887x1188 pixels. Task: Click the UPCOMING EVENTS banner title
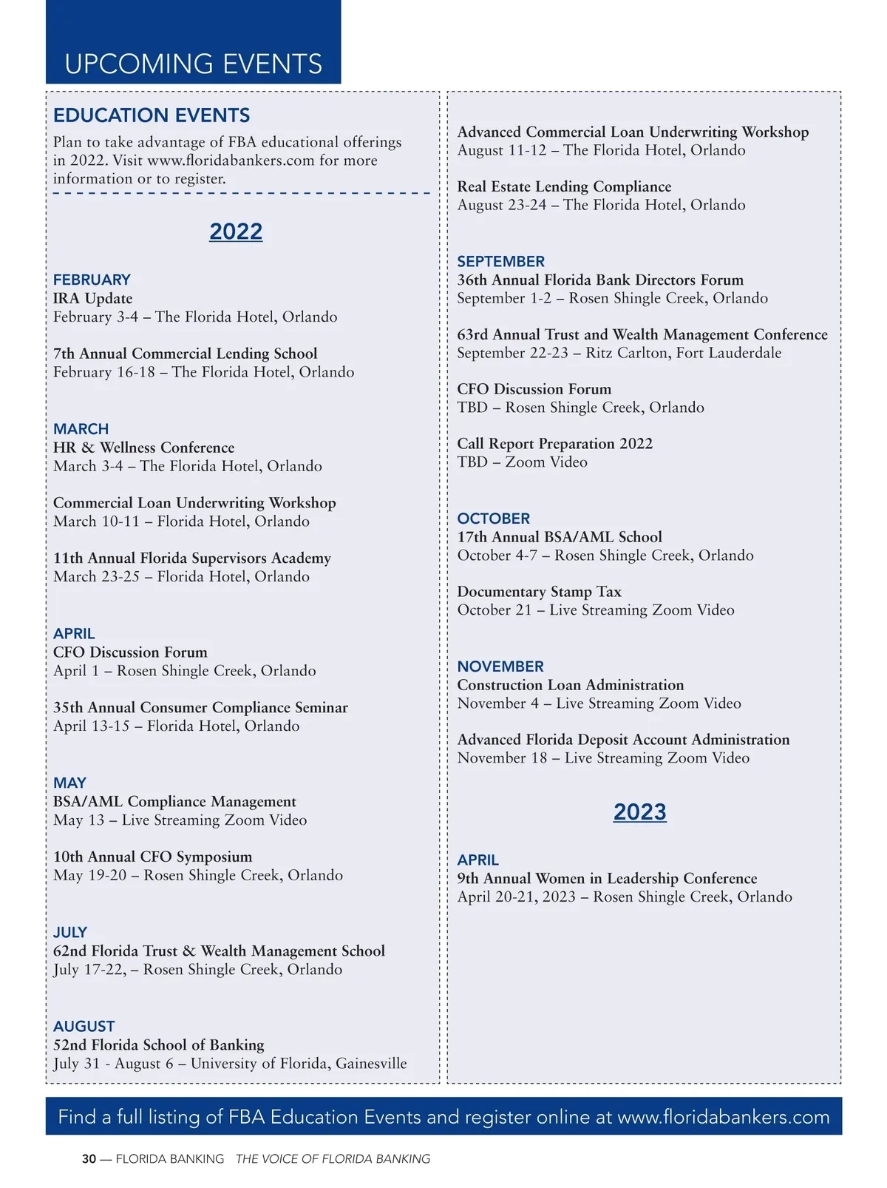click(x=194, y=64)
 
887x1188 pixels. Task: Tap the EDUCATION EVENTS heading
click(x=152, y=115)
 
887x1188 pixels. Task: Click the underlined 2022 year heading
click(x=236, y=232)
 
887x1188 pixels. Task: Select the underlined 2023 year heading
click(x=639, y=812)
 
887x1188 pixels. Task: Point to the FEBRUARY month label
click(x=92, y=280)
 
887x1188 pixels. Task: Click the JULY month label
click(x=70, y=932)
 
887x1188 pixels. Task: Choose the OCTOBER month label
click(x=493, y=519)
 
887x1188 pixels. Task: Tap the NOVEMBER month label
click(x=500, y=666)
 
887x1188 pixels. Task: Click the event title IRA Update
click(x=92, y=298)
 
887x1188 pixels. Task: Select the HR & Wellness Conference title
click(x=143, y=448)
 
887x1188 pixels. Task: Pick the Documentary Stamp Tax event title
click(x=539, y=592)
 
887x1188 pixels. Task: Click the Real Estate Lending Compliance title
click(x=564, y=186)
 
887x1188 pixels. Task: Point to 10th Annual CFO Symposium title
click(x=152, y=857)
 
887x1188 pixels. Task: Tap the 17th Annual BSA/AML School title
click(x=560, y=537)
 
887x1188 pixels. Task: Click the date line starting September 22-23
click(x=619, y=353)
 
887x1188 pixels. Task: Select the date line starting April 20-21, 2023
click(x=625, y=897)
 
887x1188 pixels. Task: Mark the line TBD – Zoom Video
click(x=522, y=462)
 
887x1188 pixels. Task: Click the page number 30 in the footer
click(x=89, y=1159)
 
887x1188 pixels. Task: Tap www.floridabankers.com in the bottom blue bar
click(x=724, y=1117)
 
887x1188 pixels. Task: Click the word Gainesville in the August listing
click(x=371, y=1064)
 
